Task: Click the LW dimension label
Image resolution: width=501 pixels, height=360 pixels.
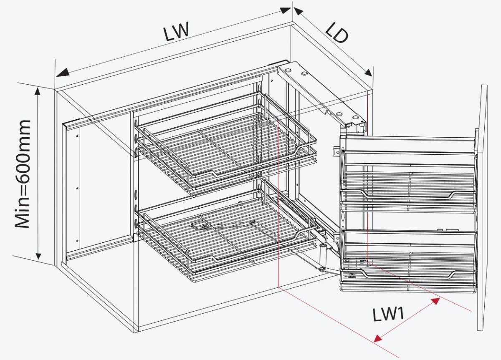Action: pos(177,32)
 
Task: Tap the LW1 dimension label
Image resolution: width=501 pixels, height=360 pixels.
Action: pos(388,314)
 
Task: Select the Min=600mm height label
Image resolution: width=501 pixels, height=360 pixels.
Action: pos(23,174)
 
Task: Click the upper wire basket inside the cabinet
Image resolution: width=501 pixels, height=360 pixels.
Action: pos(225,142)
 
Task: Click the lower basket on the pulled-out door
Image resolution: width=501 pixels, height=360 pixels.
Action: pos(409,259)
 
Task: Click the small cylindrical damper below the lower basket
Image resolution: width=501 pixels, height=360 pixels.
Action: pos(322,254)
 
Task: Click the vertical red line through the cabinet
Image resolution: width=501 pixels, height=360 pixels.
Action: pos(278,209)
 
